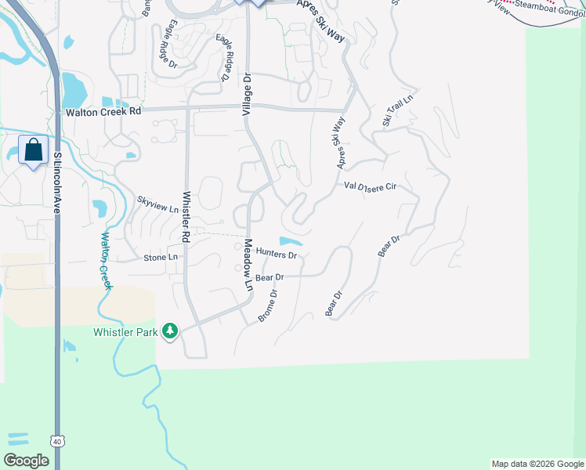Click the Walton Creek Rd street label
(x=103, y=111)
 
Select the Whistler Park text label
(x=125, y=332)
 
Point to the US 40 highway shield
(x=57, y=442)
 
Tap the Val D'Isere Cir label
(x=371, y=186)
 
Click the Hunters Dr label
(x=277, y=255)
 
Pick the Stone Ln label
(x=161, y=258)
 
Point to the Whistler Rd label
(x=186, y=215)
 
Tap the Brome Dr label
(x=268, y=306)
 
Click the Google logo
(x=26, y=461)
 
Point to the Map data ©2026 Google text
(x=537, y=464)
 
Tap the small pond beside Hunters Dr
(x=291, y=241)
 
